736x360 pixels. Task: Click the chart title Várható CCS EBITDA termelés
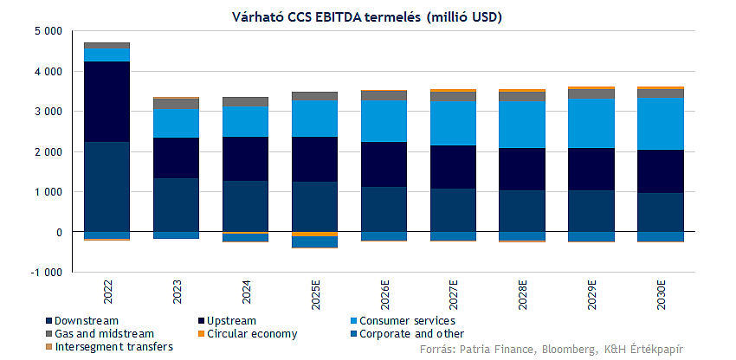point(368,16)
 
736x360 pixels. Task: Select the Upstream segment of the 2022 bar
point(107,101)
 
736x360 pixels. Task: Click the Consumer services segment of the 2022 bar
point(107,55)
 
